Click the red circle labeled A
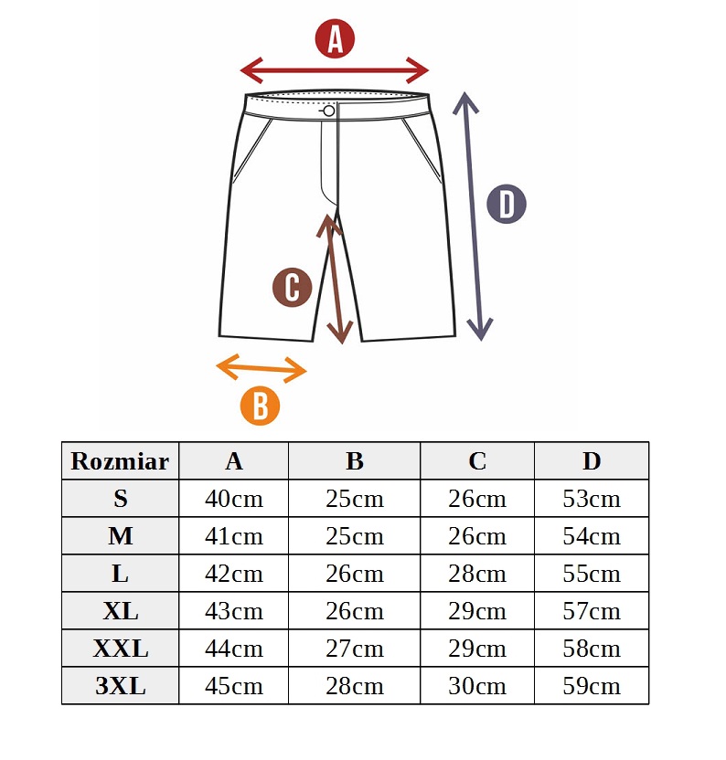(335, 38)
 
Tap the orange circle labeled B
(260, 406)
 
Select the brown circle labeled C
(293, 287)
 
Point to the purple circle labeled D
(507, 204)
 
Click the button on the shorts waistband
(329, 111)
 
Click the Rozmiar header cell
(121, 461)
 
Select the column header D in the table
(592, 461)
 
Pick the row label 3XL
(121, 686)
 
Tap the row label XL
(121, 611)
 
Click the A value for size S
(234, 499)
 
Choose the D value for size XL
(592, 611)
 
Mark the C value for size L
(477, 574)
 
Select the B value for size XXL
(355, 649)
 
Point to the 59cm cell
(592, 686)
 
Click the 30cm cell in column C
(477, 686)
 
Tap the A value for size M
(234, 536)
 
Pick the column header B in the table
(355, 461)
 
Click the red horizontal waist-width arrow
(335, 70)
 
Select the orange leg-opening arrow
(262, 368)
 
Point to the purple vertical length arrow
(473, 216)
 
